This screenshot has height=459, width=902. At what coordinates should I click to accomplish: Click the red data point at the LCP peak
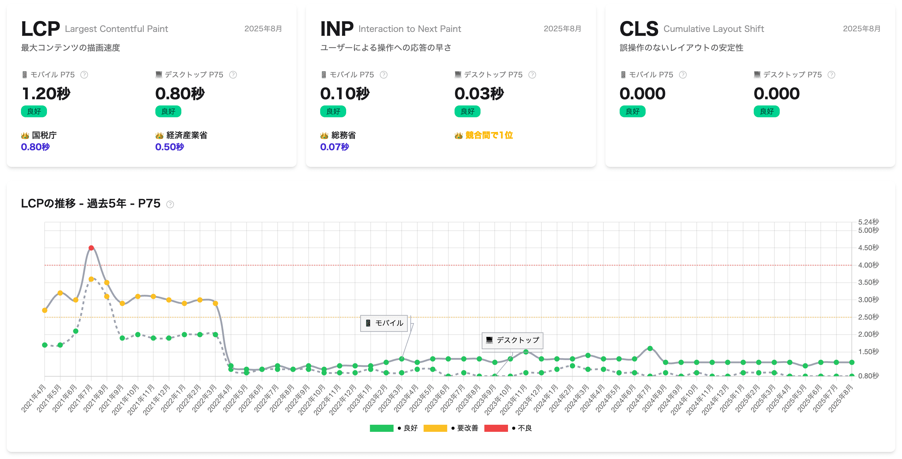(91, 248)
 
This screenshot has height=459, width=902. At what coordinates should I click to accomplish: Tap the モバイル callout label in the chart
(384, 323)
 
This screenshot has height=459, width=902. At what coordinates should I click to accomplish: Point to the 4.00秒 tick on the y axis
(868, 265)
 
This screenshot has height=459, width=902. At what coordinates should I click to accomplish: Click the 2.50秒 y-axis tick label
(868, 317)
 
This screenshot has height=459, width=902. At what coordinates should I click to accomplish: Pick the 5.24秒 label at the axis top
(868, 222)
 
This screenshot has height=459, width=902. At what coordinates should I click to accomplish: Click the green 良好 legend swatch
(381, 428)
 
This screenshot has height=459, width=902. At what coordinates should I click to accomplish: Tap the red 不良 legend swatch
(496, 428)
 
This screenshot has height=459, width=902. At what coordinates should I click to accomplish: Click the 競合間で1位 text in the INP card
(489, 135)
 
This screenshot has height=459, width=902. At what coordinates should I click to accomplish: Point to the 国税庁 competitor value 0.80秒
(35, 147)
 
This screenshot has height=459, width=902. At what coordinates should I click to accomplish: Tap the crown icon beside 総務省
(324, 136)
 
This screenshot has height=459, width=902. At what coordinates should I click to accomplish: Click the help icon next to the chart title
(170, 204)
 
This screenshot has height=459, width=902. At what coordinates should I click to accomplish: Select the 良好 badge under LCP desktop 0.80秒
(168, 111)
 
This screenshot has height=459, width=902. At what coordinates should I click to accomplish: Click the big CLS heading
(639, 29)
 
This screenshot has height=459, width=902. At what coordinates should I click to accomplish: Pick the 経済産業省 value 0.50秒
(170, 147)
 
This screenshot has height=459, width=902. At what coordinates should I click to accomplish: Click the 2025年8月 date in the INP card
(562, 29)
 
